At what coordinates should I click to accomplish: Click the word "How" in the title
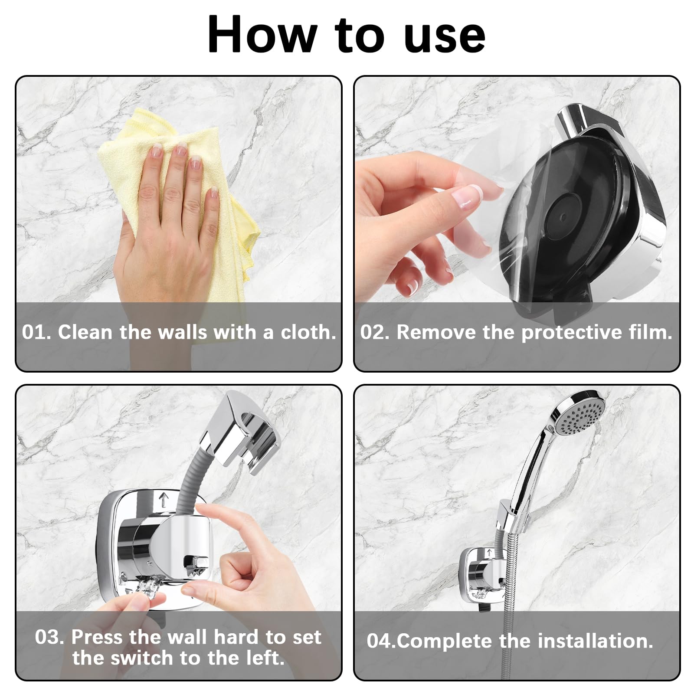coord(262,35)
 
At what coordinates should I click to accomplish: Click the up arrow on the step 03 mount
coord(163,499)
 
